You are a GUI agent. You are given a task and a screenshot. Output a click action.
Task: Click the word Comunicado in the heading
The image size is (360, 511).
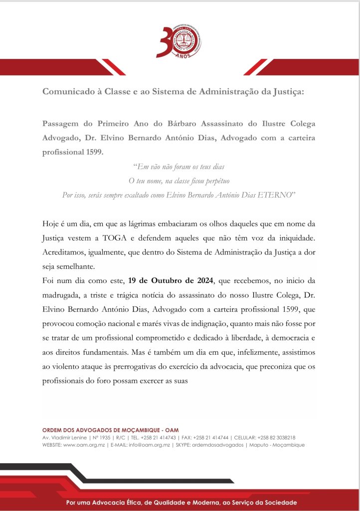[65, 92]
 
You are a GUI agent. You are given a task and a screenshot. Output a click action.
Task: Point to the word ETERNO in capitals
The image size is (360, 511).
[279, 194]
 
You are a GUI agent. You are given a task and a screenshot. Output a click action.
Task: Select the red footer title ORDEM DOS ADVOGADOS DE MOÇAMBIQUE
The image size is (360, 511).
[110, 430]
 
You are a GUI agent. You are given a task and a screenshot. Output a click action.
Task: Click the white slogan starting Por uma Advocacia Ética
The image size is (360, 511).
[181, 503]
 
